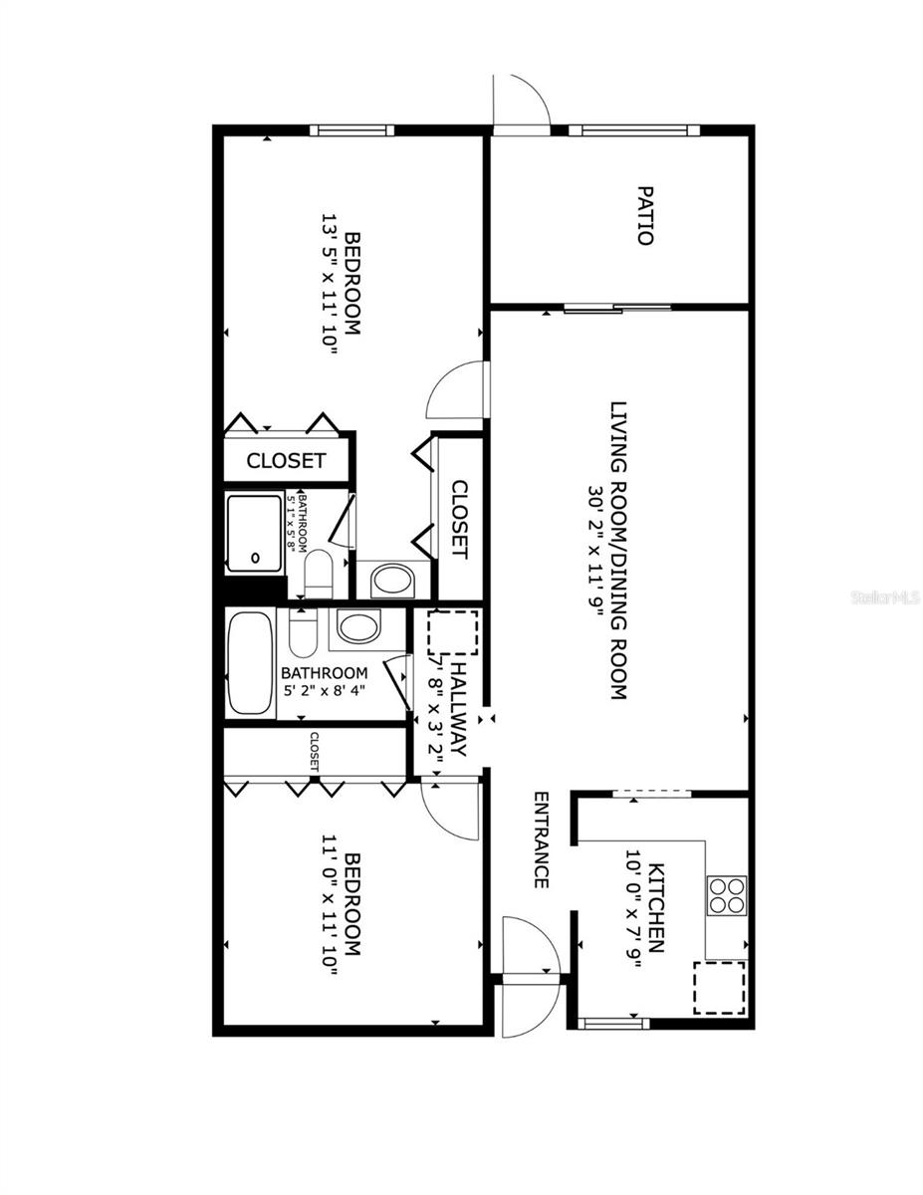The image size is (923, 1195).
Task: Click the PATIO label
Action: click(x=645, y=215)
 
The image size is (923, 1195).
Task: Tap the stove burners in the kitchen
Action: click(x=727, y=894)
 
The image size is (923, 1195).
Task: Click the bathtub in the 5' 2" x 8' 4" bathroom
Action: click(x=250, y=664)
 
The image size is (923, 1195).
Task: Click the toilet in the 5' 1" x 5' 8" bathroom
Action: click(x=319, y=574)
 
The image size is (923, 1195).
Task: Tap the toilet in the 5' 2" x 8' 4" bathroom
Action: click(x=304, y=633)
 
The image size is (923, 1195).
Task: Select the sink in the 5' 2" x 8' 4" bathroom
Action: click(x=357, y=627)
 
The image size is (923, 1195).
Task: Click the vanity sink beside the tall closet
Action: click(x=392, y=581)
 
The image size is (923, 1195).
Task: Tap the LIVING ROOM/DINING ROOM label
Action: click(x=618, y=551)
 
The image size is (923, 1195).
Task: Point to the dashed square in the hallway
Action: click(x=452, y=633)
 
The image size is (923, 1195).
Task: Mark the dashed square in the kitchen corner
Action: click(x=721, y=987)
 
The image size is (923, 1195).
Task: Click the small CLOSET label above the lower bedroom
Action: click(x=315, y=753)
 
